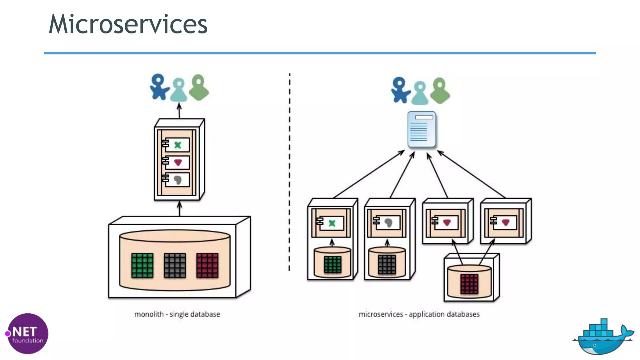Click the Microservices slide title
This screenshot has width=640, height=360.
click(128, 24)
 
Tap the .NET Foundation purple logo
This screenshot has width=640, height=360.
click(27, 333)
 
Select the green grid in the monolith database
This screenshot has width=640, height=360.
click(142, 265)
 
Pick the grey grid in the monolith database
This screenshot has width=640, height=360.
click(175, 265)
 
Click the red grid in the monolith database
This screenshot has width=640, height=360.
click(207, 265)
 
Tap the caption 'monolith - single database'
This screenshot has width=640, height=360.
click(177, 314)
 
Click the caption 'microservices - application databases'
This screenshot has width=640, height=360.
click(419, 314)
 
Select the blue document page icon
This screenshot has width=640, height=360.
click(422, 129)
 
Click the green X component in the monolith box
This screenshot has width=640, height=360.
click(177, 145)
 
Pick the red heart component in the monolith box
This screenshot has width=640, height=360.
click(178, 162)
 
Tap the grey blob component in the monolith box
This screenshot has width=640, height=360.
click(177, 180)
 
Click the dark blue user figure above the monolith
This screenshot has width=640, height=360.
click(159, 87)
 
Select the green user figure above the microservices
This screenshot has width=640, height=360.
click(440, 91)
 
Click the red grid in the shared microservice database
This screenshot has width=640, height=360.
click(469, 284)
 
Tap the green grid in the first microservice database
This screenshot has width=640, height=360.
click(332, 264)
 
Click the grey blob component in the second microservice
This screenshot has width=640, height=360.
click(388, 223)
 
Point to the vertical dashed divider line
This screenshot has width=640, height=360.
click(289, 172)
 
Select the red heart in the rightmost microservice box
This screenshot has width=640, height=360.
click(506, 222)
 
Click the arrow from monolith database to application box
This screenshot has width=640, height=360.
click(179, 209)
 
